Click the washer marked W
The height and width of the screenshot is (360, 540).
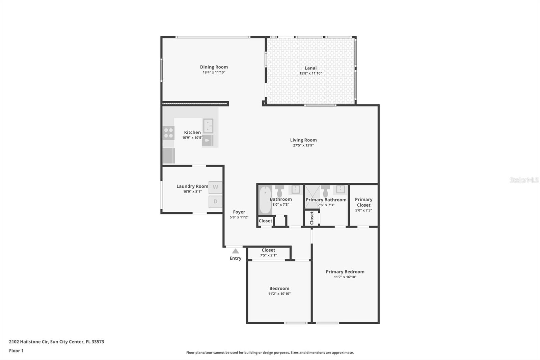coord(215,187)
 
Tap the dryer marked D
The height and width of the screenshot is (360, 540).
coord(215,202)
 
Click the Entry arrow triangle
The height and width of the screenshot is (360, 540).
coord(236,251)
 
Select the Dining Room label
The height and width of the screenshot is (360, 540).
coord(214,67)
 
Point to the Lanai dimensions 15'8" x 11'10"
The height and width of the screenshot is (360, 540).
coord(310,73)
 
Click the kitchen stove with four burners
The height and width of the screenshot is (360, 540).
coord(168,133)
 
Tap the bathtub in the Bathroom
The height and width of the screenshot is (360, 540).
coord(265,200)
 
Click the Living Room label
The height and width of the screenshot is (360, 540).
coord(303,140)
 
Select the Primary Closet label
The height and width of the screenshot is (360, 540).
coord(363,202)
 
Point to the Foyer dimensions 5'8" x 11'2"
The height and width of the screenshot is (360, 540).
coord(239,217)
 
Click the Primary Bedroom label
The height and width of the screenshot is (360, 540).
coord(345,272)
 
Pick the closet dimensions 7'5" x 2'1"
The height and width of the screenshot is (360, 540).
coord(268,255)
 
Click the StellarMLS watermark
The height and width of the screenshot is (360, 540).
coord(524,180)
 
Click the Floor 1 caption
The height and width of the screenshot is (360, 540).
coord(16,351)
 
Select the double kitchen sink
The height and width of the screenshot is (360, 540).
coord(208,126)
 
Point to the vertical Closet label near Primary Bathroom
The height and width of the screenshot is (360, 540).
coord(312,218)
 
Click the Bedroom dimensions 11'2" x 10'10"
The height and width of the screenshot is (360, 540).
coord(279,294)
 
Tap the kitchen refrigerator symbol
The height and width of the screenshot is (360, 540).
coord(168,156)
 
